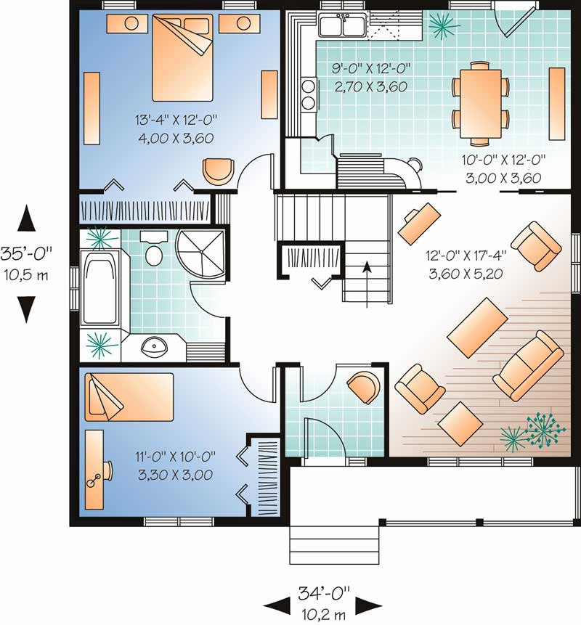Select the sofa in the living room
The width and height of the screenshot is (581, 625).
529,365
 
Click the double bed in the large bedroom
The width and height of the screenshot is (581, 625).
182,58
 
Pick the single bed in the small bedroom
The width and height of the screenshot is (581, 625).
129,396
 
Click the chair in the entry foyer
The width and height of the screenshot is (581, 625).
363,385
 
